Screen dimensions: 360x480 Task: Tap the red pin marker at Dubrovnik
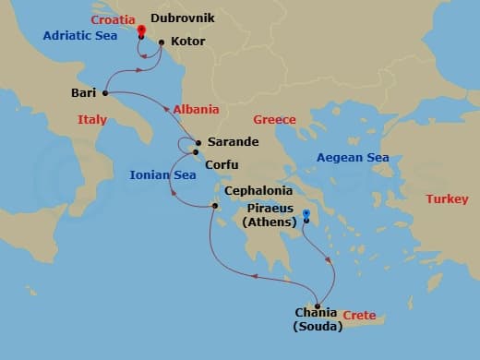coord(141,30)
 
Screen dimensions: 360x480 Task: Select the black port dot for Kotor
coord(162,42)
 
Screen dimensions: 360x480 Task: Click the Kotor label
coord(188,42)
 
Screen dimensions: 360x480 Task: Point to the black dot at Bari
coord(105,93)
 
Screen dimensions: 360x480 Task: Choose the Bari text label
coord(83,92)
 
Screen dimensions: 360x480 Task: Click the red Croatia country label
coord(114,19)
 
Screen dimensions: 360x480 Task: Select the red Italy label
coord(92,119)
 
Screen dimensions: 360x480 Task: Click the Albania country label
coord(196,109)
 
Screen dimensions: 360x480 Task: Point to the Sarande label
coord(233,143)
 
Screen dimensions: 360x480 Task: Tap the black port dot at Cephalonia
coord(213,206)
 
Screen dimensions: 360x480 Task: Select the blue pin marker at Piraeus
coord(306,215)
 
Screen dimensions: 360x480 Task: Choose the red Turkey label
coord(447,199)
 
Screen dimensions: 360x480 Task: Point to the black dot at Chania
coord(318,306)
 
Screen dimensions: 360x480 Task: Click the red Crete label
coord(358,316)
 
